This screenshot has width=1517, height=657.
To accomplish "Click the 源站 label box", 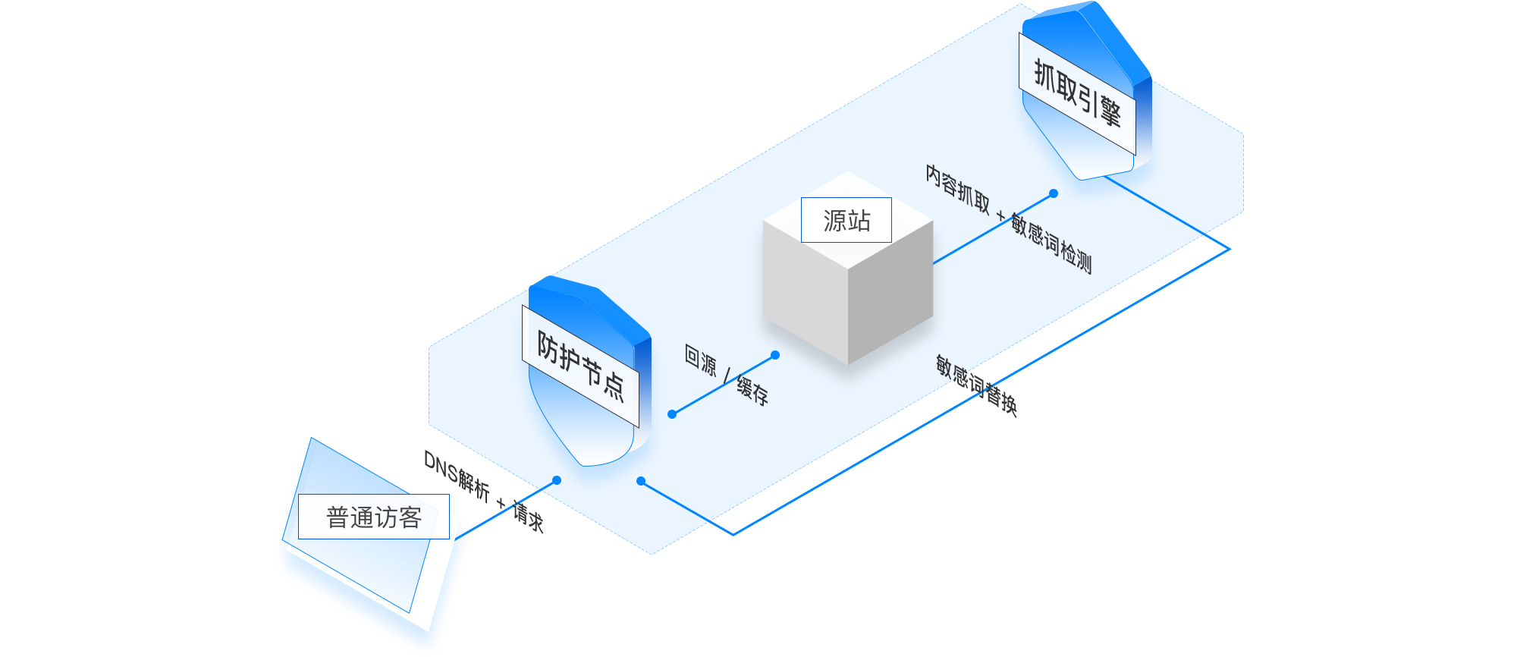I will (x=846, y=220).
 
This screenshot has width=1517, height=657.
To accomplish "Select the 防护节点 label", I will (x=580, y=365).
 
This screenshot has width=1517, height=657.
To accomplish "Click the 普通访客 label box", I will (x=373, y=517).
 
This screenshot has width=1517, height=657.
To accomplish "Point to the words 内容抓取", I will (x=957, y=188).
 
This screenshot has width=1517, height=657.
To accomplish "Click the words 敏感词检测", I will (x=1051, y=244).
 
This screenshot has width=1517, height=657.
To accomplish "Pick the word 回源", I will (x=700, y=360).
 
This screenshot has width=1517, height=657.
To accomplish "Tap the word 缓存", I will (x=752, y=390).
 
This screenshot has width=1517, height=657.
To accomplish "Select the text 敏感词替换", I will (x=975, y=385).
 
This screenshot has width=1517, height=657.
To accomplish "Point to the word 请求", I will (x=529, y=516).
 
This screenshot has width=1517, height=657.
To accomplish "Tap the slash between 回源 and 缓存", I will (x=727, y=375).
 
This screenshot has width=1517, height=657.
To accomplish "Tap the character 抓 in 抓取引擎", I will (x=1044, y=74).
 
